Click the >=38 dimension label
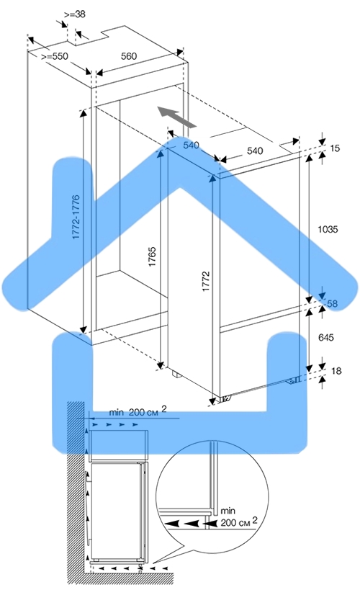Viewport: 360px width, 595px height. (x=75, y=14)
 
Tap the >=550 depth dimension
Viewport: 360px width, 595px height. (x=55, y=56)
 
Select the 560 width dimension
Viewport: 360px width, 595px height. (x=129, y=56)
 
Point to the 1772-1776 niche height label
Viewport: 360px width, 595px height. (x=76, y=217)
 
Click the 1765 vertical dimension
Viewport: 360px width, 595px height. (x=152, y=256)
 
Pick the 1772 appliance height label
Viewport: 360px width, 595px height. (x=206, y=281)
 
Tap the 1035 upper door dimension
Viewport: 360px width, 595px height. (x=328, y=229)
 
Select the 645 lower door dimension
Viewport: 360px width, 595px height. (x=326, y=337)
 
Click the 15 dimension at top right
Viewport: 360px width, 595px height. (x=335, y=148)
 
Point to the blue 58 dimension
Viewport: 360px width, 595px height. (x=333, y=303)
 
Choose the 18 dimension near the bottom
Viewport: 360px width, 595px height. (x=336, y=370)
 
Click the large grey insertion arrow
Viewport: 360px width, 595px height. (x=178, y=117)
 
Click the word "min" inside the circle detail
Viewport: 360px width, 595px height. (x=228, y=511)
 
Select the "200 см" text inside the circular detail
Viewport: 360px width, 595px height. (x=235, y=522)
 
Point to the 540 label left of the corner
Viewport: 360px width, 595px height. (x=191, y=145)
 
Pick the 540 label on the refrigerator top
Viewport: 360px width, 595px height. (x=255, y=151)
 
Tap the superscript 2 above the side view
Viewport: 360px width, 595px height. (x=164, y=408)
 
